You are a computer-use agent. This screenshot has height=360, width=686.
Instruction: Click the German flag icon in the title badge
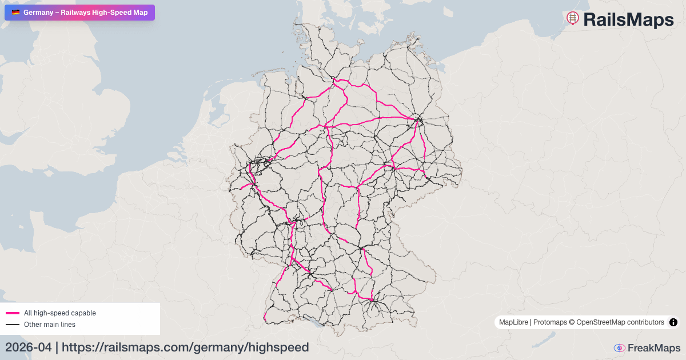click(x=15, y=12)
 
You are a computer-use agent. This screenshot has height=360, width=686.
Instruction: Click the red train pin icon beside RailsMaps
click(x=572, y=18)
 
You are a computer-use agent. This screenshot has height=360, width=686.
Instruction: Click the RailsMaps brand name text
click(x=628, y=20)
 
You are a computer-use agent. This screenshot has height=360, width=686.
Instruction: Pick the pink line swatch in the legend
click(x=13, y=313)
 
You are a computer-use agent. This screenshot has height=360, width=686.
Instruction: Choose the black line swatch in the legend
click(x=13, y=325)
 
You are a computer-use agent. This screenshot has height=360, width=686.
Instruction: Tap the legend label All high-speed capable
click(x=60, y=313)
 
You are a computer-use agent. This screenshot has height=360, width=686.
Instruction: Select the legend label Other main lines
click(x=50, y=325)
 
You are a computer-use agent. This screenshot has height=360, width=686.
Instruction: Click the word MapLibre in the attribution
click(x=514, y=322)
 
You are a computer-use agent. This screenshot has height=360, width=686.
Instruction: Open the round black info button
click(x=673, y=322)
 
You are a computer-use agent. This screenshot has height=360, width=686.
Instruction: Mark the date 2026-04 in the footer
click(x=28, y=347)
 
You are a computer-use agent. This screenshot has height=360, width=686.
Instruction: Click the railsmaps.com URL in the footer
click(x=185, y=347)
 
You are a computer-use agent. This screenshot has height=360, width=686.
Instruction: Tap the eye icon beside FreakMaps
click(x=619, y=348)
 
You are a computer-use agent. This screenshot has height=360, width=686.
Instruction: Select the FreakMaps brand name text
click(x=654, y=348)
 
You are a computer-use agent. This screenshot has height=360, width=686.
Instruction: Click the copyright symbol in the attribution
click(x=572, y=322)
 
